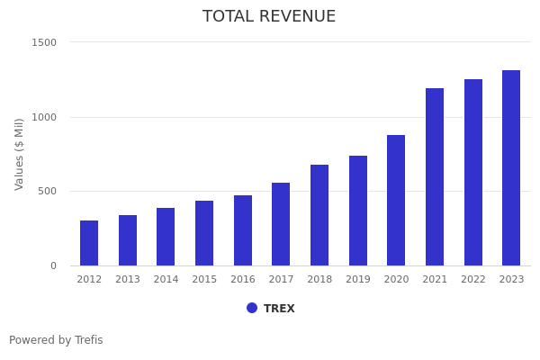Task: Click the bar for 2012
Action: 89,243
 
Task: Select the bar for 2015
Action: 204,233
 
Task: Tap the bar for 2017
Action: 281,224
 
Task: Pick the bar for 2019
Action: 358,211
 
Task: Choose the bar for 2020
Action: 396,200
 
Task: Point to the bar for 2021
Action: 435,176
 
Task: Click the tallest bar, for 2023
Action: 511,167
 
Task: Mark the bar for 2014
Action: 166,237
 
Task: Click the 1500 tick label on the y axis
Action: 44,42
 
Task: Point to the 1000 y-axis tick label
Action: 44,117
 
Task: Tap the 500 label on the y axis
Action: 47,191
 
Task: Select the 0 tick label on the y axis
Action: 53,265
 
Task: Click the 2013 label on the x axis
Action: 128,280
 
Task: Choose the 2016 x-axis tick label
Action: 243,280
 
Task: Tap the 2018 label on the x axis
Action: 319,280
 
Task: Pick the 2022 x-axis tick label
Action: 473,280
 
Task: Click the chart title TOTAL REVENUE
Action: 269,17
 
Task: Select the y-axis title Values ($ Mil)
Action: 20,153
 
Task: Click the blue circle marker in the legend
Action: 252,308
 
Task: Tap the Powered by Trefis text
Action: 56,340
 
